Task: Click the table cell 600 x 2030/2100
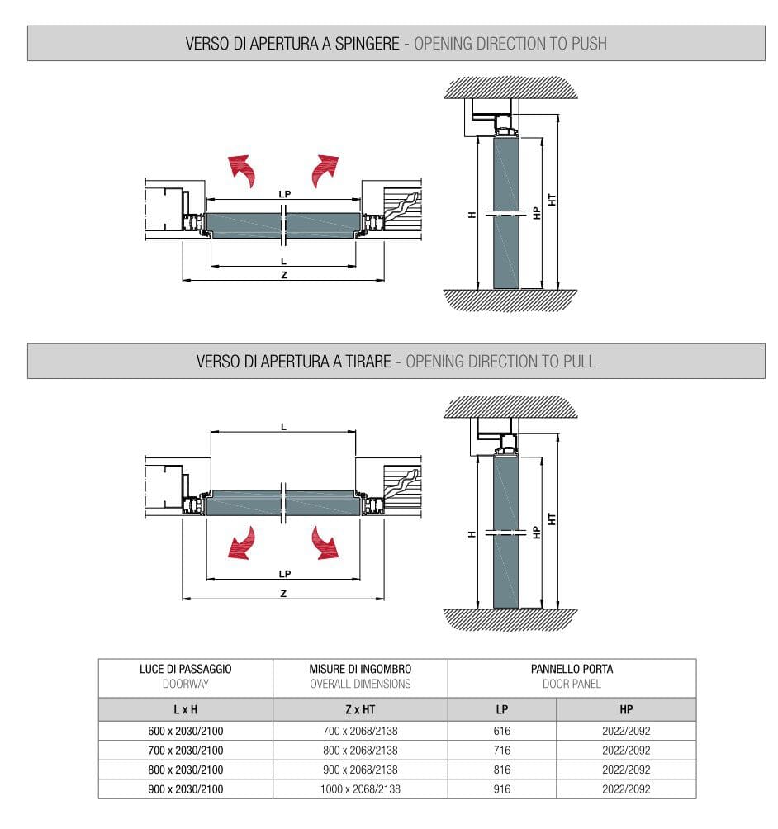[185, 731]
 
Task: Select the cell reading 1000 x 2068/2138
[360, 789]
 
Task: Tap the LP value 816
[501, 770]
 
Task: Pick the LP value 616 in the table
[501, 731]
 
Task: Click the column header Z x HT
[360, 709]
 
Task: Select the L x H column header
[185, 709]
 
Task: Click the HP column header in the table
[625, 709]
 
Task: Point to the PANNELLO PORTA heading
[572, 669]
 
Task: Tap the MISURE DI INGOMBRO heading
[360, 669]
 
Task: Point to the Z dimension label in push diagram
[284, 275]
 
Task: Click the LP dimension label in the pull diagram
[284, 573]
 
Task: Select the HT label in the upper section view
[552, 199]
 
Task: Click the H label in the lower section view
[472, 533]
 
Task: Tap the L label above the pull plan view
[283, 426]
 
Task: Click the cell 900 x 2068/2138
[360, 770]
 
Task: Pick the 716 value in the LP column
[501, 751]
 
